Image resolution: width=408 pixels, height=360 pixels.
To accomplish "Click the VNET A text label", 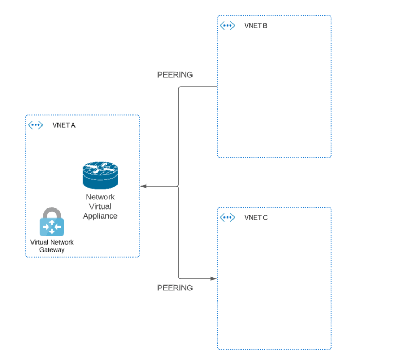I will coord(64,125).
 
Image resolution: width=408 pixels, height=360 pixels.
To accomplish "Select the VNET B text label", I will coord(255,26).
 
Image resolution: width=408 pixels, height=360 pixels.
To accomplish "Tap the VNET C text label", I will coord(256,217).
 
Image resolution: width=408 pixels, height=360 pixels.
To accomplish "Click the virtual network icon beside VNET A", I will coord(35,125).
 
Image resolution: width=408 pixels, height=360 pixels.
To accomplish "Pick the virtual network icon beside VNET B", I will coord(227,26).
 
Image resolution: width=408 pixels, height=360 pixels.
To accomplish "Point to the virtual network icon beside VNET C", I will coord(227,217).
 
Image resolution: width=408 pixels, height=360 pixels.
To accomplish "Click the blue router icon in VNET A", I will coord(100,175).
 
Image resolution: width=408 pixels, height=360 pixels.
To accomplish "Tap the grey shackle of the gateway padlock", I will coord(52,212).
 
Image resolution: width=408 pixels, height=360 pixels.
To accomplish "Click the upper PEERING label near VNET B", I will coord(175,75).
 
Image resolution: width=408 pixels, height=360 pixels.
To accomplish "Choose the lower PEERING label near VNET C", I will coord(175,288).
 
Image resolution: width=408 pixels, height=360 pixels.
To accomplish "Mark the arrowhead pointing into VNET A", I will coord(144,186).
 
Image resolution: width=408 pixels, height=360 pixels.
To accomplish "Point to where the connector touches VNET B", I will coord(217,87).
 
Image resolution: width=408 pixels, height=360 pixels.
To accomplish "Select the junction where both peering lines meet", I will coord(178,186).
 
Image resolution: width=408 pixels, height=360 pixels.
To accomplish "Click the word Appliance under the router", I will coord(100,216).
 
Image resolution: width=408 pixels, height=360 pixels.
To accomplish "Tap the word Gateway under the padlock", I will coord(52,250).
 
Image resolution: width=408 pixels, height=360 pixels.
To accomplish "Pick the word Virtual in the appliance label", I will coord(100,206).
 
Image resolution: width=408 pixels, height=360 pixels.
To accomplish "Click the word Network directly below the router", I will coord(100,197).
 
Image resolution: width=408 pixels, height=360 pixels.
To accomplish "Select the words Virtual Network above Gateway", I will coord(52,242).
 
